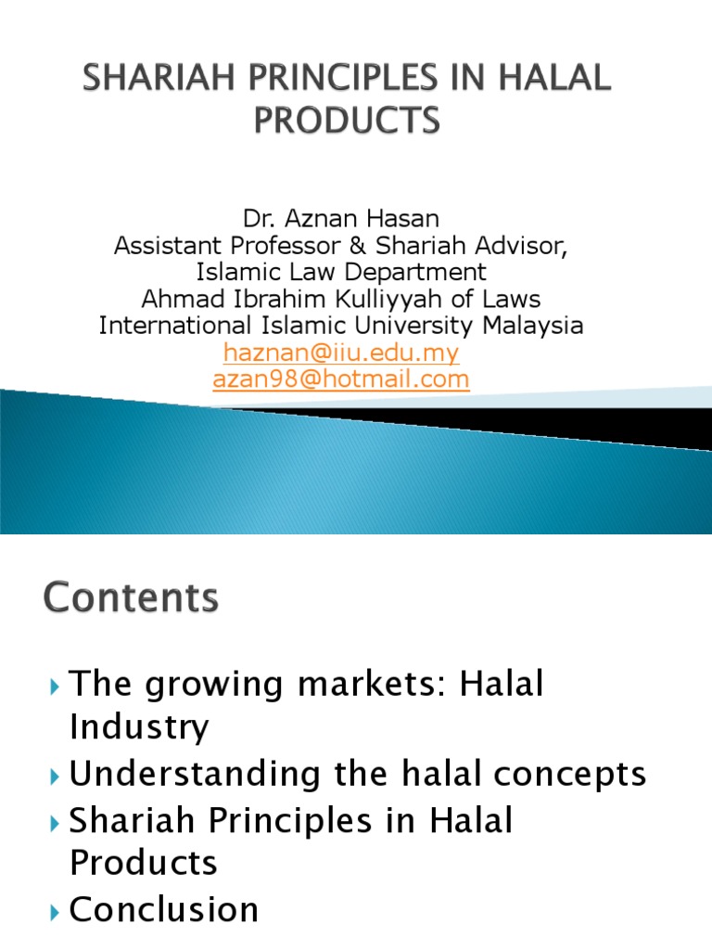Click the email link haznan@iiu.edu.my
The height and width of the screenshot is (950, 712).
(x=341, y=353)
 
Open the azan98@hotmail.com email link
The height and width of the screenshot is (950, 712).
(x=341, y=379)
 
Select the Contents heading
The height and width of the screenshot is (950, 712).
(x=131, y=597)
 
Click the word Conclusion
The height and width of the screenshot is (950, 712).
(x=164, y=909)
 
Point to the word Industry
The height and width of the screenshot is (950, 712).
(x=139, y=728)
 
